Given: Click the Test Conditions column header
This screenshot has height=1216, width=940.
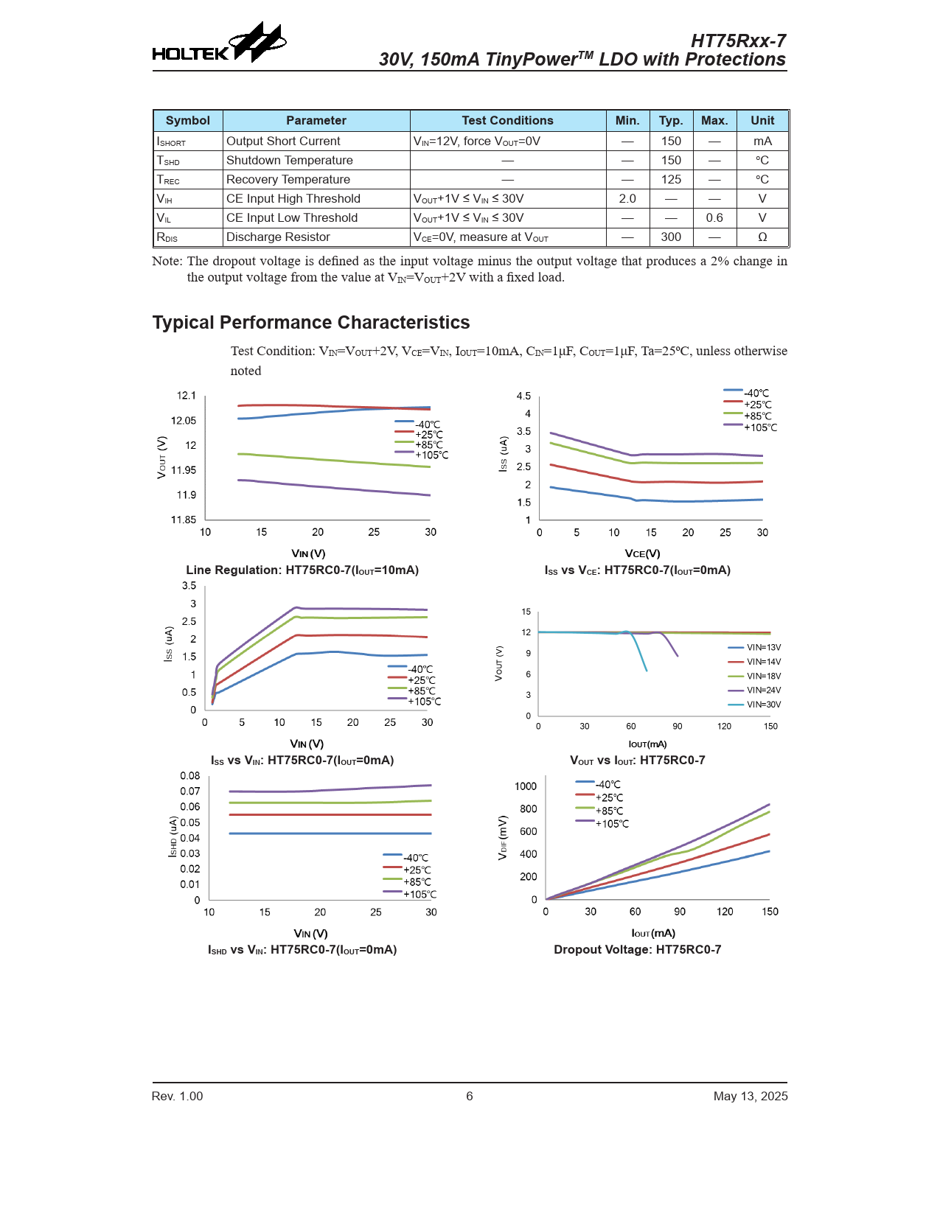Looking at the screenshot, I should (x=507, y=121).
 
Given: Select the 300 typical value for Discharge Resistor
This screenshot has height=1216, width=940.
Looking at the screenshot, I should (x=671, y=237).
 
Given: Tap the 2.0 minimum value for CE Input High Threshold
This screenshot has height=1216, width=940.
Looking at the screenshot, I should (x=627, y=199).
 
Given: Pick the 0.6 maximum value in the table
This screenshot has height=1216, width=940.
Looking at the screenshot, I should (x=714, y=218).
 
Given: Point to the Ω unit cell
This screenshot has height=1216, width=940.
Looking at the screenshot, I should (x=762, y=237).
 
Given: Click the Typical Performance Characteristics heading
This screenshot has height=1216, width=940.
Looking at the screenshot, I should (x=311, y=323).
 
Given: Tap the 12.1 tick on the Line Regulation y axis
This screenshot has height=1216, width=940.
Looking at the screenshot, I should (x=187, y=396).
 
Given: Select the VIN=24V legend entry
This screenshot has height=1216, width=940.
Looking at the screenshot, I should (x=763, y=691).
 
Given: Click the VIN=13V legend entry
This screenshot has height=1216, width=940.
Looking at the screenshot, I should (x=763, y=648).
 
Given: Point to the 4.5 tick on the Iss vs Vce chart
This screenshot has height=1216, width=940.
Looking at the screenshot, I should (x=523, y=396).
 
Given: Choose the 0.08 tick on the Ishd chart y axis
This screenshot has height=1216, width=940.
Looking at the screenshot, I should (x=190, y=776).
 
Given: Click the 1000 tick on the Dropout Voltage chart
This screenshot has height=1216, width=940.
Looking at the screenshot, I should (x=526, y=786).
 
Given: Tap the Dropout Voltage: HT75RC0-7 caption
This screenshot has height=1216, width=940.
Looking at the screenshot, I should (x=638, y=950).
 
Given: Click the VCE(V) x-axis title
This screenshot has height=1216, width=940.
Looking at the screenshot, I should (x=642, y=553).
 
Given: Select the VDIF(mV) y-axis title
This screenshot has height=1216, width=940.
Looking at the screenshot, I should (x=503, y=837).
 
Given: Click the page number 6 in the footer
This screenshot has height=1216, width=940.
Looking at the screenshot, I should (x=470, y=1097).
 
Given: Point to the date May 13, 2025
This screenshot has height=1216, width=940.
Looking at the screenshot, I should (x=751, y=1097).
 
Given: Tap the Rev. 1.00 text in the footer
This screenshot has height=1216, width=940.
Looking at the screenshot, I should (x=177, y=1097).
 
